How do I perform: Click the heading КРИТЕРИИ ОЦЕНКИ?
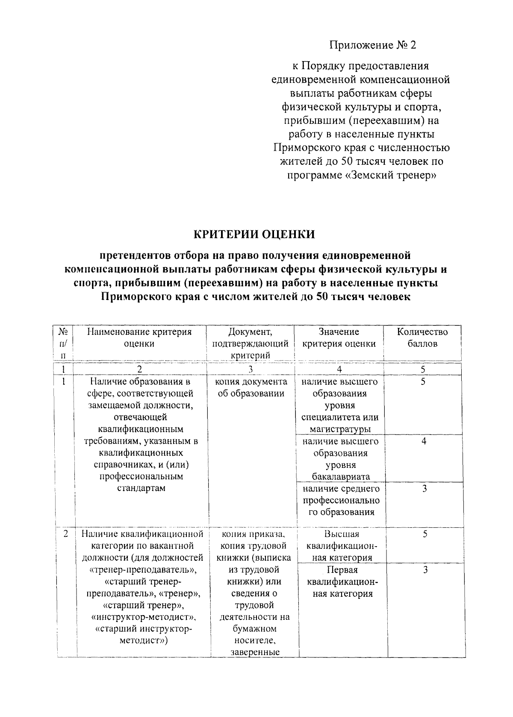click(255, 234)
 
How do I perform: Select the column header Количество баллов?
click(422, 338)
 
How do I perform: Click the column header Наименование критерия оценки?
click(139, 338)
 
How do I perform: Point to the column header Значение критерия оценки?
click(339, 338)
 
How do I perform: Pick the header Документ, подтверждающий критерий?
click(251, 343)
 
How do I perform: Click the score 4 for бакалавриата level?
click(424, 441)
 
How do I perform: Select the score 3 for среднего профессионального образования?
click(424, 489)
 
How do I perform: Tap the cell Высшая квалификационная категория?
click(342, 546)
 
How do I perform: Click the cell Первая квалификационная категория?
click(342, 582)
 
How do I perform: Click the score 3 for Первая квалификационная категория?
click(425, 570)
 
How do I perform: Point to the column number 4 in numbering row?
click(339, 369)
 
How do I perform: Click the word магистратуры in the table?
click(340, 429)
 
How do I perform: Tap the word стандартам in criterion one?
click(141, 488)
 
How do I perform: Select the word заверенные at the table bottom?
click(255, 652)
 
